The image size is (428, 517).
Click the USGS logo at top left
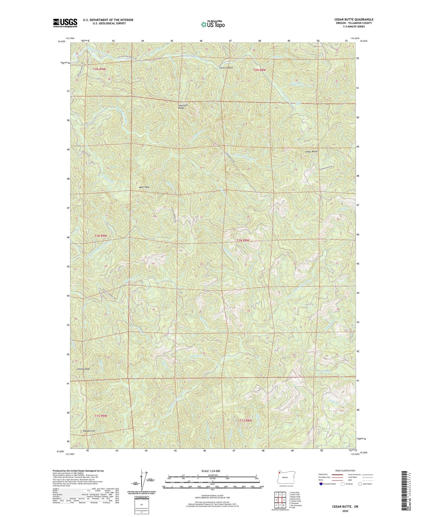[65, 23]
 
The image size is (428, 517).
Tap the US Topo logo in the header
[213, 25]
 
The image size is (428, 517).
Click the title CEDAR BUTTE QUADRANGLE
[354, 19]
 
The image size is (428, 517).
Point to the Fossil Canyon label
[226, 68]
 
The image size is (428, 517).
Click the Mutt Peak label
[144, 187]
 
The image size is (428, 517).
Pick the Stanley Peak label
[83, 369]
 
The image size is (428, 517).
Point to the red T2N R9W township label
[99, 69]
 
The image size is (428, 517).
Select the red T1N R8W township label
[243, 240]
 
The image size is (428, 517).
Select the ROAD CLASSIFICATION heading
[345, 471]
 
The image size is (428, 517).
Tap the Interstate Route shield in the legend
[321, 484]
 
